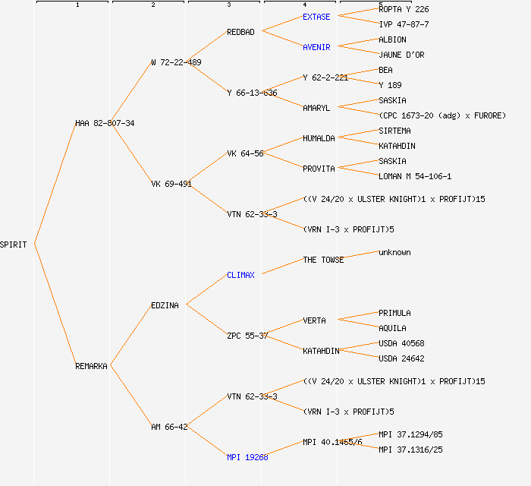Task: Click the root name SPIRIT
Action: [14, 245]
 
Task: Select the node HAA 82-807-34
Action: [105, 123]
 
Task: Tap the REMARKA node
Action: [91, 366]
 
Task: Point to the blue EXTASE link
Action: [316, 17]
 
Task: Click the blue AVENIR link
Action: [316, 47]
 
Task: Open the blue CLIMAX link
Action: [240, 275]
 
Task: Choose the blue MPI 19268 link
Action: [247, 457]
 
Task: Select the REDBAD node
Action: [240, 32]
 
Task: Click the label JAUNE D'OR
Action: [401, 55]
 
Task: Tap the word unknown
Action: [394, 252]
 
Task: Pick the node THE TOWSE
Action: [323, 260]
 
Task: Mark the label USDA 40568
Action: [401, 343]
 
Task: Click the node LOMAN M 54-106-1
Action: [415, 176]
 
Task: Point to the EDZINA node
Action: [165, 305]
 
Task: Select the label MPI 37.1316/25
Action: [410, 450]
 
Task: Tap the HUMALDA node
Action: [319, 138]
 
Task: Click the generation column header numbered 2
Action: [152, 5]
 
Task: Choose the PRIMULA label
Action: [394, 313]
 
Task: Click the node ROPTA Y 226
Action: [404, 9]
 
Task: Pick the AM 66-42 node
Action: [169, 427]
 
